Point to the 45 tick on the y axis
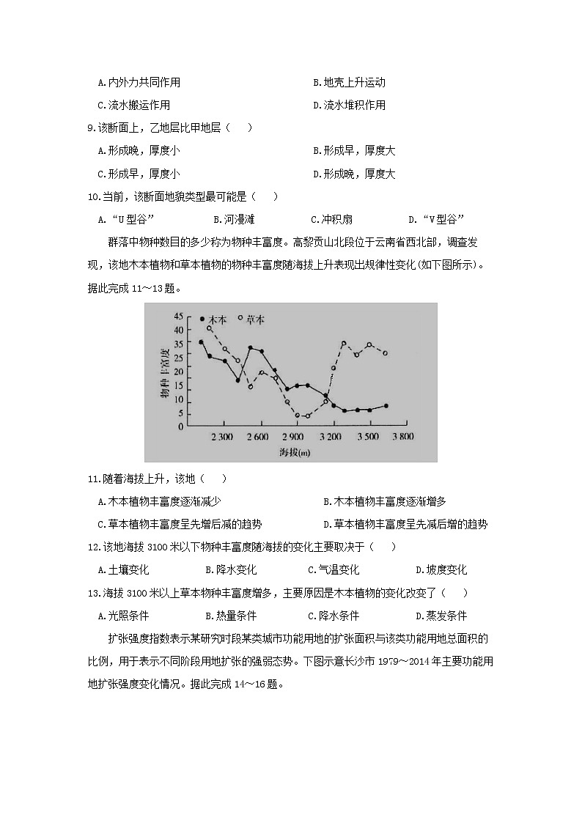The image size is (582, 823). (x=179, y=317)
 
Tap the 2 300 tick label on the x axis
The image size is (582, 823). (x=222, y=437)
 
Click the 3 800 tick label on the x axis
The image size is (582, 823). (x=402, y=437)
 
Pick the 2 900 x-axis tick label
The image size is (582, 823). (x=294, y=437)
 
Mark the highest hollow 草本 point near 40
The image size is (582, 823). (x=210, y=328)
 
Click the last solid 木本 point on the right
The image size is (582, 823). (x=386, y=405)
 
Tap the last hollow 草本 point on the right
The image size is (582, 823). (x=385, y=353)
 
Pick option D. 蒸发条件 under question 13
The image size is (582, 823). (x=441, y=616)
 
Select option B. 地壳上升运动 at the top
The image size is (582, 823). (x=349, y=82)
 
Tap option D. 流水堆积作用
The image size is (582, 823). (x=349, y=105)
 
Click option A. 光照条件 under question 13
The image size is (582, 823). (x=123, y=616)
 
